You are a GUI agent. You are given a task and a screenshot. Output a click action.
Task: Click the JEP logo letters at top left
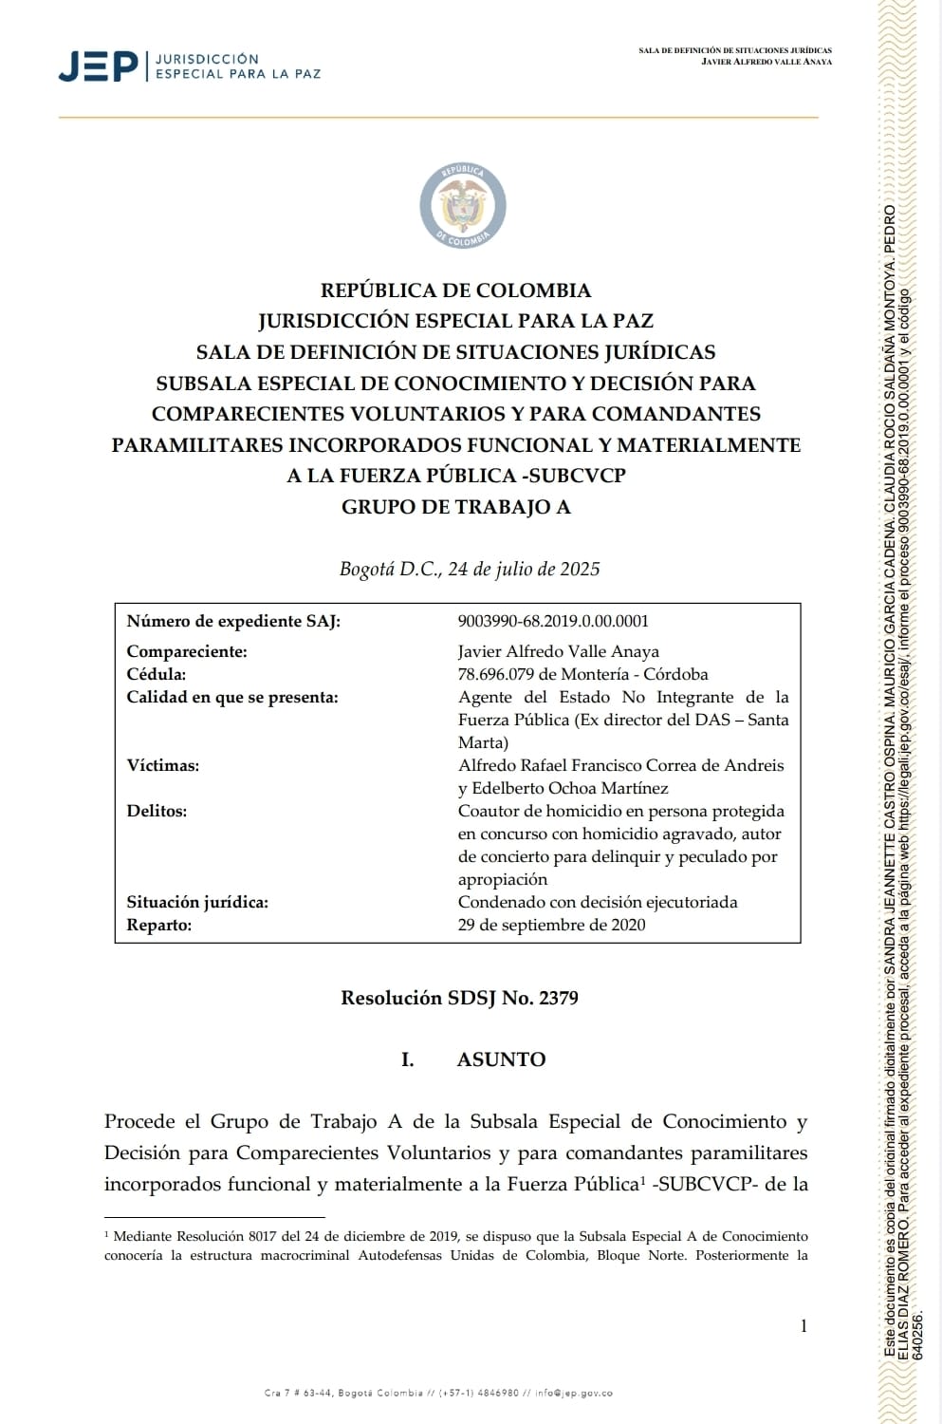click(x=98, y=66)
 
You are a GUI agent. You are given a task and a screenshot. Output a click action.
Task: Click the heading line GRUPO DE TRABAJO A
click(x=456, y=506)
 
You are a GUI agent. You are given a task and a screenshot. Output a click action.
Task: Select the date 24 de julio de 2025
click(x=524, y=569)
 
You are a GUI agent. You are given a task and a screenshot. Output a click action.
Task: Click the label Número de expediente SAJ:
click(x=233, y=621)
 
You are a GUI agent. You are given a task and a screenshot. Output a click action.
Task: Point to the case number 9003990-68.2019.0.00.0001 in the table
click(x=553, y=621)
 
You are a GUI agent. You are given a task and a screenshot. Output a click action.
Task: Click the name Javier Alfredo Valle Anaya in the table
click(x=558, y=651)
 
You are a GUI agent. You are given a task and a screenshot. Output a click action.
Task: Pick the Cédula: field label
click(x=157, y=674)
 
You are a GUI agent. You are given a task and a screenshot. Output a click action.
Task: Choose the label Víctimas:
click(x=163, y=765)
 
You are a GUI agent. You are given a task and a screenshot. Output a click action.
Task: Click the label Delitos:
click(x=157, y=811)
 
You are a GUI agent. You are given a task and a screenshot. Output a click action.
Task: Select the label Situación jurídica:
click(x=197, y=902)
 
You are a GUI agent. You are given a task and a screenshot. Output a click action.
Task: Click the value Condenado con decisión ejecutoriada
click(x=598, y=902)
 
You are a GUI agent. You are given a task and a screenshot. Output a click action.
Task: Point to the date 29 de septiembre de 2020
click(x=551, y=925)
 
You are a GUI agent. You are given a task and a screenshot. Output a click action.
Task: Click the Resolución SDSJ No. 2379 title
click(x=459, y=998)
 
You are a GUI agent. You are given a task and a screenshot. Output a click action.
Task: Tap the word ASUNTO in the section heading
click(x=501, y=1059)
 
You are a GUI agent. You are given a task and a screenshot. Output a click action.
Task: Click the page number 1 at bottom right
click(x=803, y=1326)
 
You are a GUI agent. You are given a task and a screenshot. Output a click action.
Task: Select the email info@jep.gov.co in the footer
click(x=574, y=1393)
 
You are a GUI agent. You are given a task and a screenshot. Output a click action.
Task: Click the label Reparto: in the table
click(x=159, y=925)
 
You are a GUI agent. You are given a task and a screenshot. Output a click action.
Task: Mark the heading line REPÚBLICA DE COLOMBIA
click(x=455, y=290)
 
